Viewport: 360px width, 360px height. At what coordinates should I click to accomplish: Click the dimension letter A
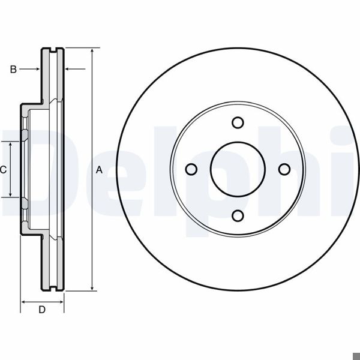[x=100, y=170]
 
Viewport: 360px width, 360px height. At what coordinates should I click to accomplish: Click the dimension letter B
[x=13, y=70]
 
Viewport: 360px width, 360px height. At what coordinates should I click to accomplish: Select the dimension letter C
[x=3, y=170]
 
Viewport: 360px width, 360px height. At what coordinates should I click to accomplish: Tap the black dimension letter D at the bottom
[x=42, y=310]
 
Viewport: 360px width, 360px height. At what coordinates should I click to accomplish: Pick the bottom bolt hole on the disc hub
[x=238, y=216]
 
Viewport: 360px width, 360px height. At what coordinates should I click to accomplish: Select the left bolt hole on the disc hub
[x=191, y=169]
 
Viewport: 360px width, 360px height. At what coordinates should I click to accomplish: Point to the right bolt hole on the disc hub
[x=284, y=169]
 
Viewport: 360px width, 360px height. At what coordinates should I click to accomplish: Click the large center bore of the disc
[x=238, y=169]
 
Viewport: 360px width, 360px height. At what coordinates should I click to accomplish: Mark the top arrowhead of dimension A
[x=92, y=52]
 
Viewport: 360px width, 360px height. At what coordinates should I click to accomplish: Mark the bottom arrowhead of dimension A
[x=92, y=288]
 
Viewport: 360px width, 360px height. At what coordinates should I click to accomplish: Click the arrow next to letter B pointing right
[x=37, y=70]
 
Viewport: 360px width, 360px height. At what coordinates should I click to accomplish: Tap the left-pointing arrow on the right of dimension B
[x=68, y=70]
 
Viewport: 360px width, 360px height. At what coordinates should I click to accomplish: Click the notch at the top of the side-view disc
[x=52, y=49]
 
